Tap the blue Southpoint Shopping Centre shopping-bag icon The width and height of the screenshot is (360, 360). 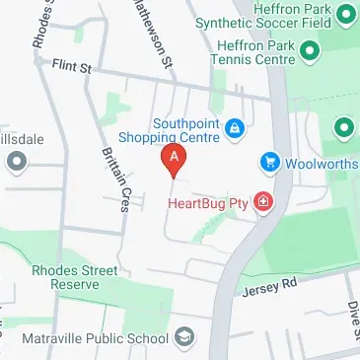click(235, 128)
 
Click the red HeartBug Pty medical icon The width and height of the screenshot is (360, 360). click(262, 204)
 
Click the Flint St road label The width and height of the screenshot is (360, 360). click(71, 65)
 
